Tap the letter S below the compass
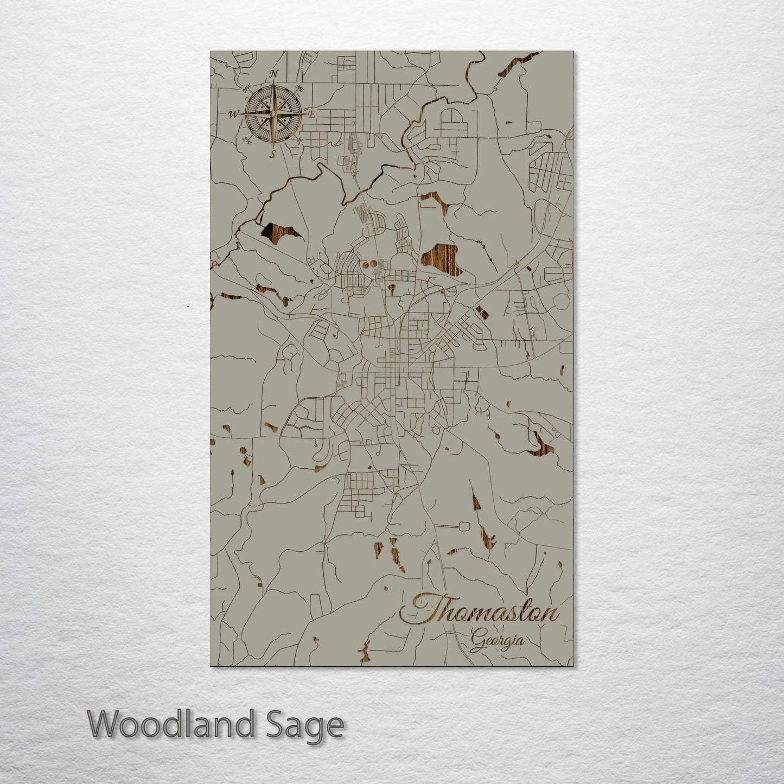pos(273,154)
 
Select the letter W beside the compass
pos(234,114)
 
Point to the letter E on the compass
pos(313,114)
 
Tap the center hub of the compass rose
pos(273,114)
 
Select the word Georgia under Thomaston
pos(498,641)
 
